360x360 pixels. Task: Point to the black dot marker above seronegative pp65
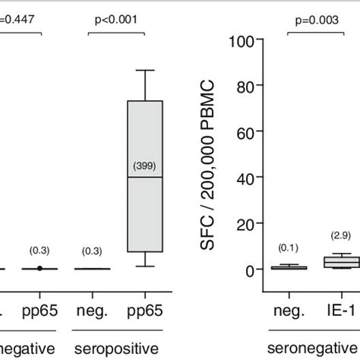coord(39,268)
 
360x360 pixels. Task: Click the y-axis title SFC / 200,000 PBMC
coord(212,155)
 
